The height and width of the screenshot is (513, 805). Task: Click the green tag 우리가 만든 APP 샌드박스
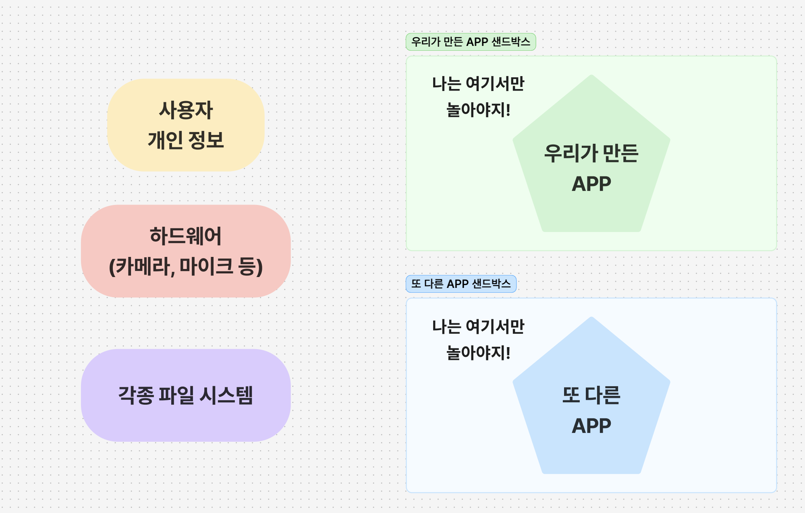[471, 42]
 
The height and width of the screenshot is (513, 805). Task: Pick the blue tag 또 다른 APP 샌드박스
[461, 284]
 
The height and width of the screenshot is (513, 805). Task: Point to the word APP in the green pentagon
[591, 184]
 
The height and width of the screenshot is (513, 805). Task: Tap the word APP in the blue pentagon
[591, 426]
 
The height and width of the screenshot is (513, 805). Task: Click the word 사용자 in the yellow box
[186, 110]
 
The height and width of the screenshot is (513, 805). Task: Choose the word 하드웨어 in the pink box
[186, 236]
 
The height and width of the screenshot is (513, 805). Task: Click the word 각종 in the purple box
[136, 395]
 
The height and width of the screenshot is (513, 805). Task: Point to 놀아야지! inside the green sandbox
[478, 110]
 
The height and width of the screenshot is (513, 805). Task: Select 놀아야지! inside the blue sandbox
[478, 353]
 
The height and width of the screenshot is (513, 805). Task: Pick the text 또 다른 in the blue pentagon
[591, 395]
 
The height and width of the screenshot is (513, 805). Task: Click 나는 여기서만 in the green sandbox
[478, 83]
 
